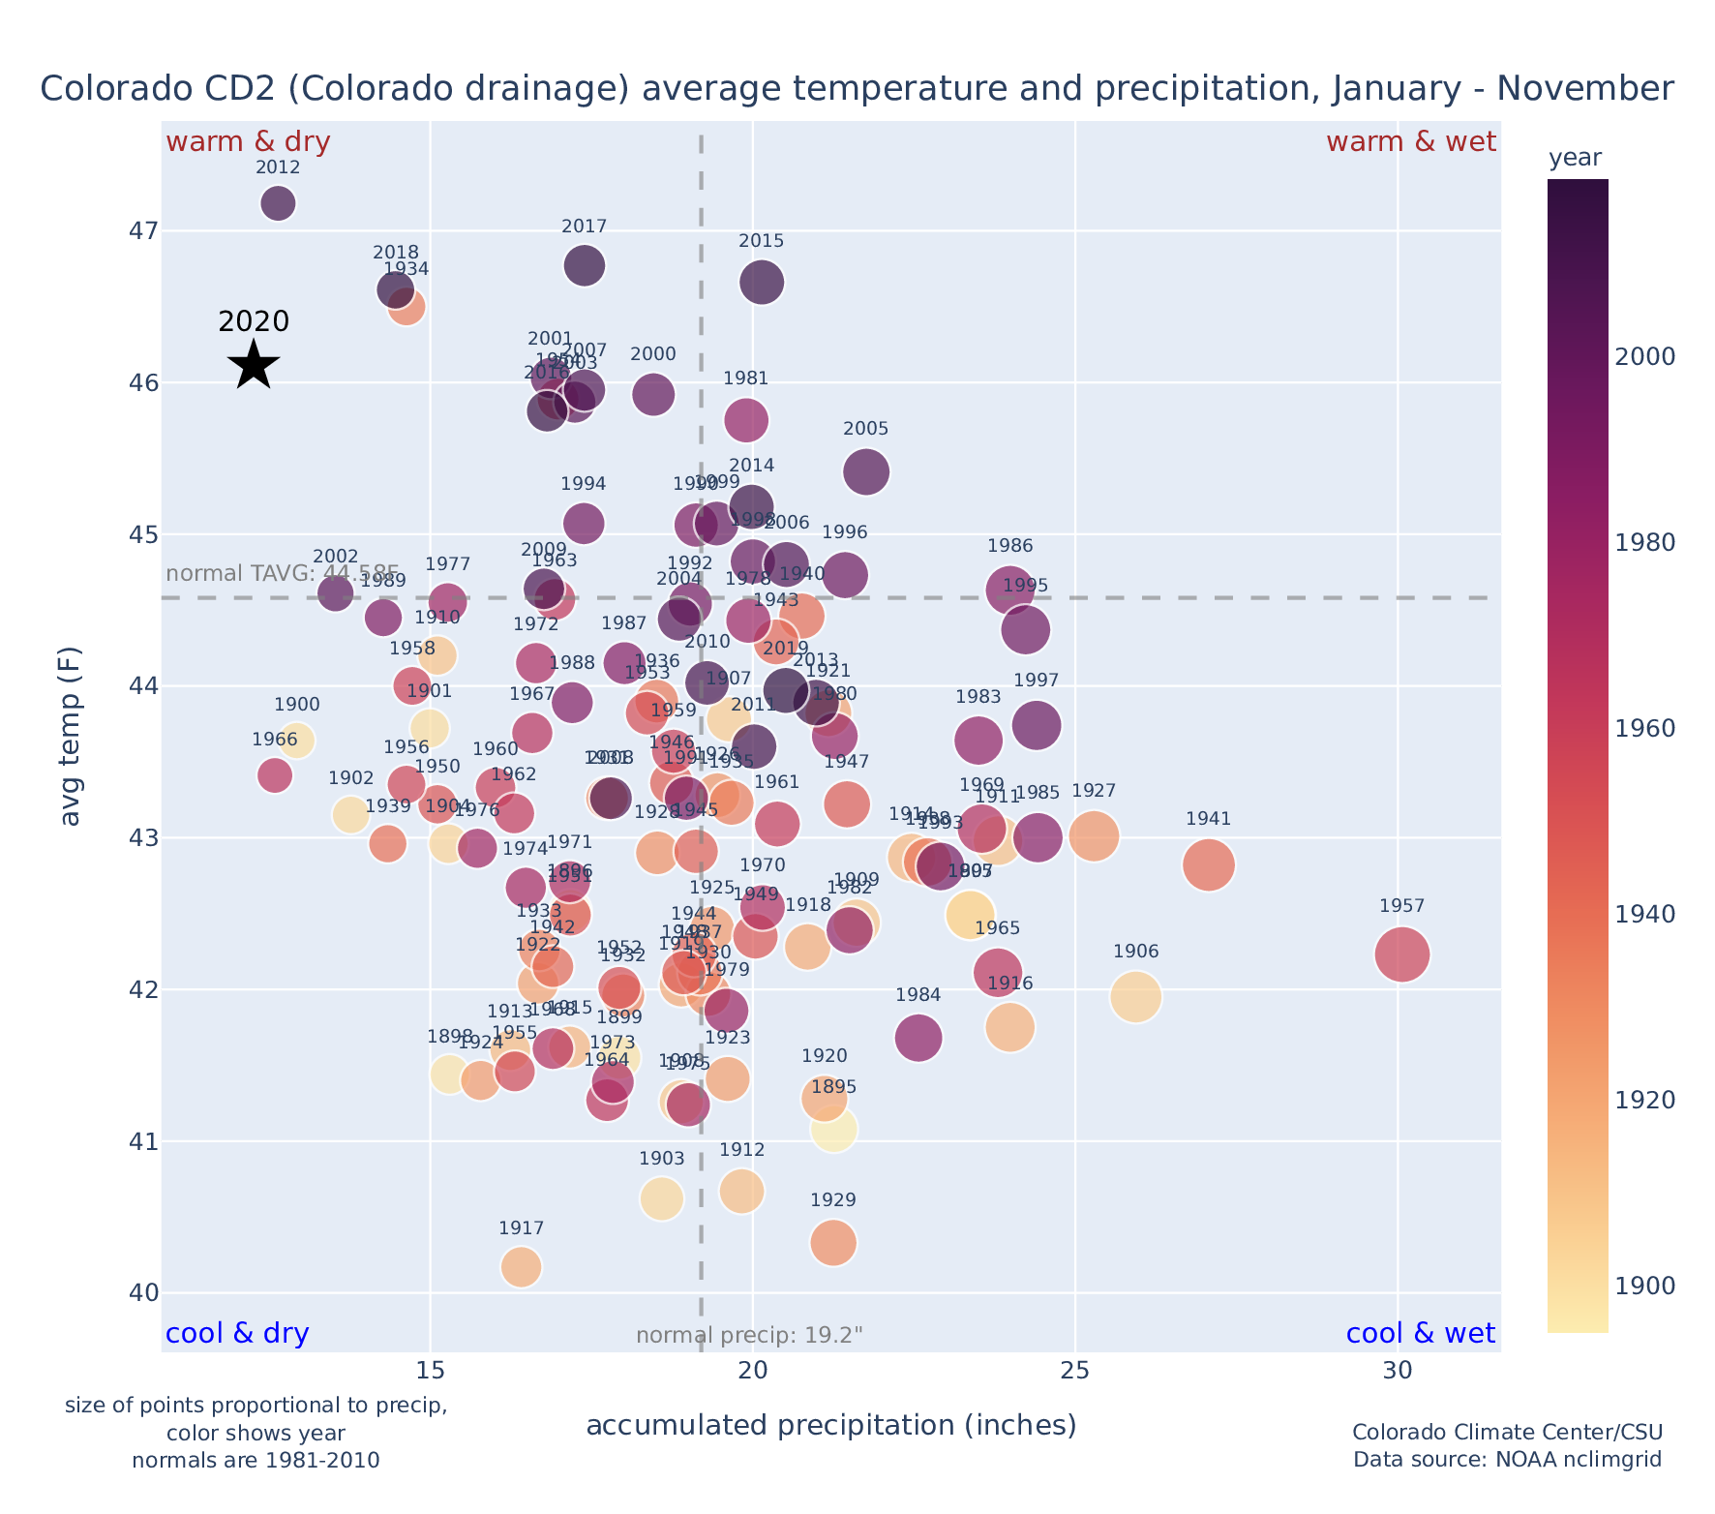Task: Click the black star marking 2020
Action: [x=254, y=365]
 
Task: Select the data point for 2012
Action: [x=278, y=203]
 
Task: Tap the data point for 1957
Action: [x=1401, y=954]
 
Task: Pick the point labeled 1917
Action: [x=521, y=1266]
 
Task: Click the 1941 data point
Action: [x=1208, y=864]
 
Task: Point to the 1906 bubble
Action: [x=1135, y=996]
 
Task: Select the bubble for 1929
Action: [x=833, y=1242]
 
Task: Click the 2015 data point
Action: [x=762, y=283]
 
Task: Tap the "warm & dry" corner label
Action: [x=248, y=142]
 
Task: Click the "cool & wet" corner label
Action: [x=1420, y=1334]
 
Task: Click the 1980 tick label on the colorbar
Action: [x=1645, y=543]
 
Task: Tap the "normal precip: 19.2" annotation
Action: [x=749, y=1336]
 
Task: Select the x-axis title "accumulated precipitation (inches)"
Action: [x=831, y=1426]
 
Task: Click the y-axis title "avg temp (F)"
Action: [x=71, y=736]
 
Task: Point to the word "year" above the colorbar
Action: [x=1575, y=159]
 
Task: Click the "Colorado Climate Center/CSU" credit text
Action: [x=1507, y=1432]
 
